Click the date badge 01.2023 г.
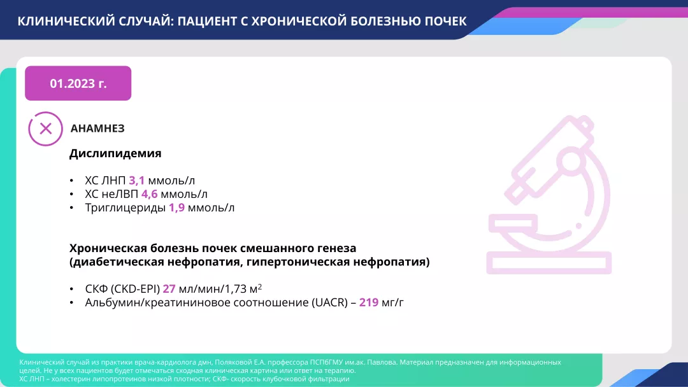click(78, 83)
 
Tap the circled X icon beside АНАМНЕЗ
click(46, 129)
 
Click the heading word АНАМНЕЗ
click(97, 129)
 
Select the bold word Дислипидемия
click(115, 153)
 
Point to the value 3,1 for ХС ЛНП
click(137, 180)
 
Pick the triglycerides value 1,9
click(176, 208)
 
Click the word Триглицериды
click(125, 208)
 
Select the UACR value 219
click(369, 302)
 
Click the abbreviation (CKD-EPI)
click(135, 288)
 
